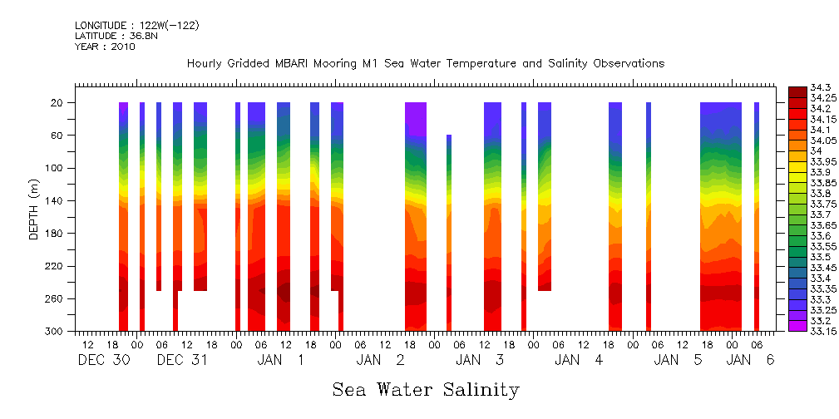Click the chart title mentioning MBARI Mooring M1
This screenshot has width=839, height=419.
tap(425, 64)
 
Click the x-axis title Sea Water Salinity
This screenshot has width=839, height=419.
tap(426, 389)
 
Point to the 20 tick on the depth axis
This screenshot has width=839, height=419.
tap(58, 102)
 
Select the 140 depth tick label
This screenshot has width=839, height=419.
tap(56, 200)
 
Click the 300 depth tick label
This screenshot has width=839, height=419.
tap(56, 331)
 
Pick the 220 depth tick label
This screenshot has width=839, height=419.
tap(56, 266)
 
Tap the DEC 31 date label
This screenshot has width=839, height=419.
tap(182, 360)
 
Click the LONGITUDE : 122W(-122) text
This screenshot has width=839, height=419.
tap(136, 26)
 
